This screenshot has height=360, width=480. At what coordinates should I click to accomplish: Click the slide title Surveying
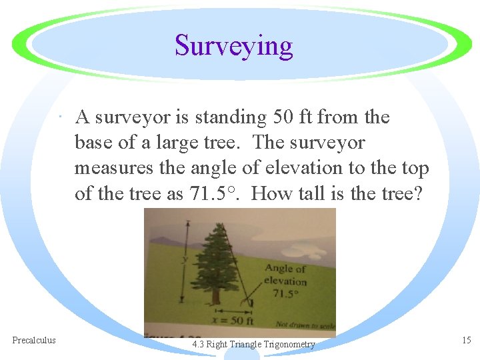click(x=233, y=46)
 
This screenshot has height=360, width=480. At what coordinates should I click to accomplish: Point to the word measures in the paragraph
click(x=114, y=168)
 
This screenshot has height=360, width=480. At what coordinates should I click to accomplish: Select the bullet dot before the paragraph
click(x=61, y=119)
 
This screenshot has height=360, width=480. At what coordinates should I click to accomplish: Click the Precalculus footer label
click(x=34, y=341)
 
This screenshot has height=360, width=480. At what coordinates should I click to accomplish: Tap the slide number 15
click(x=466, y=341)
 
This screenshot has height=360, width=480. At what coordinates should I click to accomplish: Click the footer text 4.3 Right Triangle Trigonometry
click(x=253, y=345)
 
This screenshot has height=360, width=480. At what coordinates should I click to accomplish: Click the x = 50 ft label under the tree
click(x=231, y=319)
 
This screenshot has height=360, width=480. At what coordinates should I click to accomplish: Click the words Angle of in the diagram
click(x=285, y=269)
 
